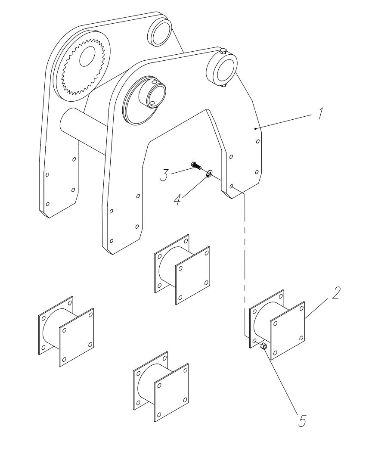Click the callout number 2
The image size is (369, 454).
tap(337, 292)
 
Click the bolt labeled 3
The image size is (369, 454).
tap(196, 165)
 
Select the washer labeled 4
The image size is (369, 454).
tap(209, 173)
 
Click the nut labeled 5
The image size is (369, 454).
tap(264, 346)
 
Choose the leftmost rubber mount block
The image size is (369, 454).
tap(66, 331)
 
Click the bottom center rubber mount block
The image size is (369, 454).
tap(161, 386)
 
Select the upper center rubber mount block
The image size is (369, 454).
tap(182, 270)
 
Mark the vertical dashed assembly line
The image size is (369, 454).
tap(245, 258)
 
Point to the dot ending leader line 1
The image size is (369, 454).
tap(255, 128)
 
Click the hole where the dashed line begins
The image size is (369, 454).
tap(232, 187)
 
